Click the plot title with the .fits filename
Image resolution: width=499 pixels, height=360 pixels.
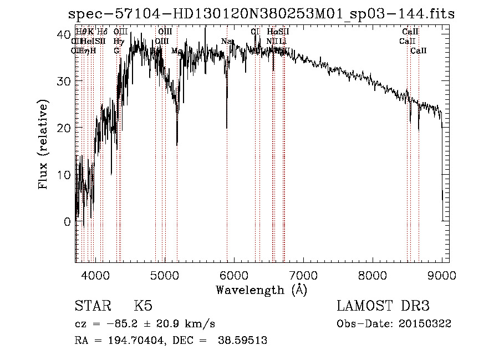pos(261,14)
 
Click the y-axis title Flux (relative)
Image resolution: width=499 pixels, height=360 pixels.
pos(43,144)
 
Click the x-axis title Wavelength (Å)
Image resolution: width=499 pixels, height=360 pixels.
pos(261,290)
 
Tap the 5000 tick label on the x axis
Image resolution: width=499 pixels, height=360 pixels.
pos(164,275)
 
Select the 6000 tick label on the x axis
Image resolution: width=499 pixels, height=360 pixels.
pos(233,275)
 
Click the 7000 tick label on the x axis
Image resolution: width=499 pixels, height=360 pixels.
pos(303,275)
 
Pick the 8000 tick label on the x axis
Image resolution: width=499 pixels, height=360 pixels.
pos(372,275)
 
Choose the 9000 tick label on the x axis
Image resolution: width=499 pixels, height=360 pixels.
pos(441,275)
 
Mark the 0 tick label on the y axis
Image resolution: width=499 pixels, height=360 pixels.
pos(67,221)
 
